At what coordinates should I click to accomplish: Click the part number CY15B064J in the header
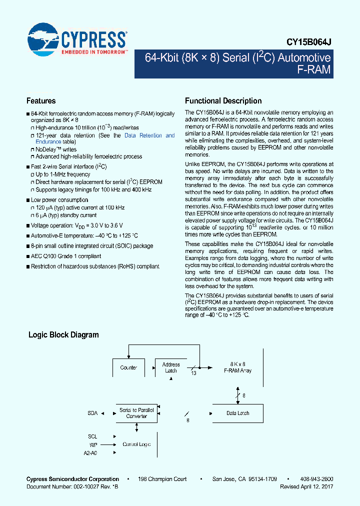click(309, 43)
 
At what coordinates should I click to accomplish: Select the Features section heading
click(41, 101)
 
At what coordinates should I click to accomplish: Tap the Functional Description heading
click(223, 101)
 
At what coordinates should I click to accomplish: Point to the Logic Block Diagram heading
click(63, 335)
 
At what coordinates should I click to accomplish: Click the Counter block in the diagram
click(128, 367)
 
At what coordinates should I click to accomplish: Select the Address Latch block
click(171, 367)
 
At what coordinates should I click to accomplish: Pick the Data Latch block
click(237, 413)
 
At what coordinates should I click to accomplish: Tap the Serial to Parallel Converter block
click(136, 413)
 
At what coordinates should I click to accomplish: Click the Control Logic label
click(136, 444)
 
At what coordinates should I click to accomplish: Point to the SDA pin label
click(92, 413)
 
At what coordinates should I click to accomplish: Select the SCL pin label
click(92, 436)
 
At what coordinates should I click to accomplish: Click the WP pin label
click(92, 444)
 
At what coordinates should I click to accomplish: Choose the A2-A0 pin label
click(90, 452)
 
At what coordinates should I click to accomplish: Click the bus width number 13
click(194, 373)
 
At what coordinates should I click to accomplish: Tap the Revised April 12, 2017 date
click(306, 486)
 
